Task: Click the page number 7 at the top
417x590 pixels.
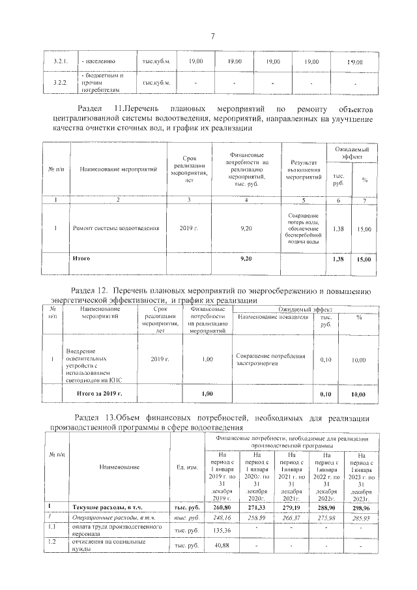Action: (x=212, y=36)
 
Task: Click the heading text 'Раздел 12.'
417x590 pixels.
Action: (x=90, y=291)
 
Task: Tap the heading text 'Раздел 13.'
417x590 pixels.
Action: (x=94, y=417)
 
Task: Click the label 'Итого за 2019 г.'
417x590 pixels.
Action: (x=99, y=394)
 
